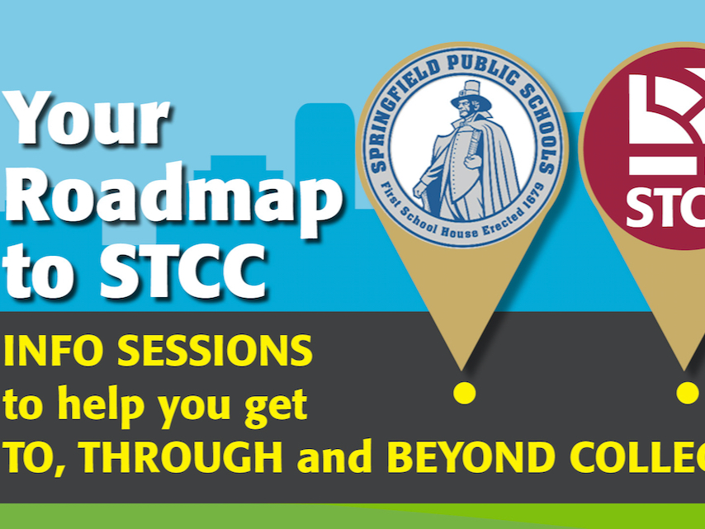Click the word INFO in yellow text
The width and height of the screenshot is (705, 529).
(54, 352)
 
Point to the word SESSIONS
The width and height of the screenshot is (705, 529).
(215, 352)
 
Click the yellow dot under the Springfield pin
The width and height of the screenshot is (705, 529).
(465, 392)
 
